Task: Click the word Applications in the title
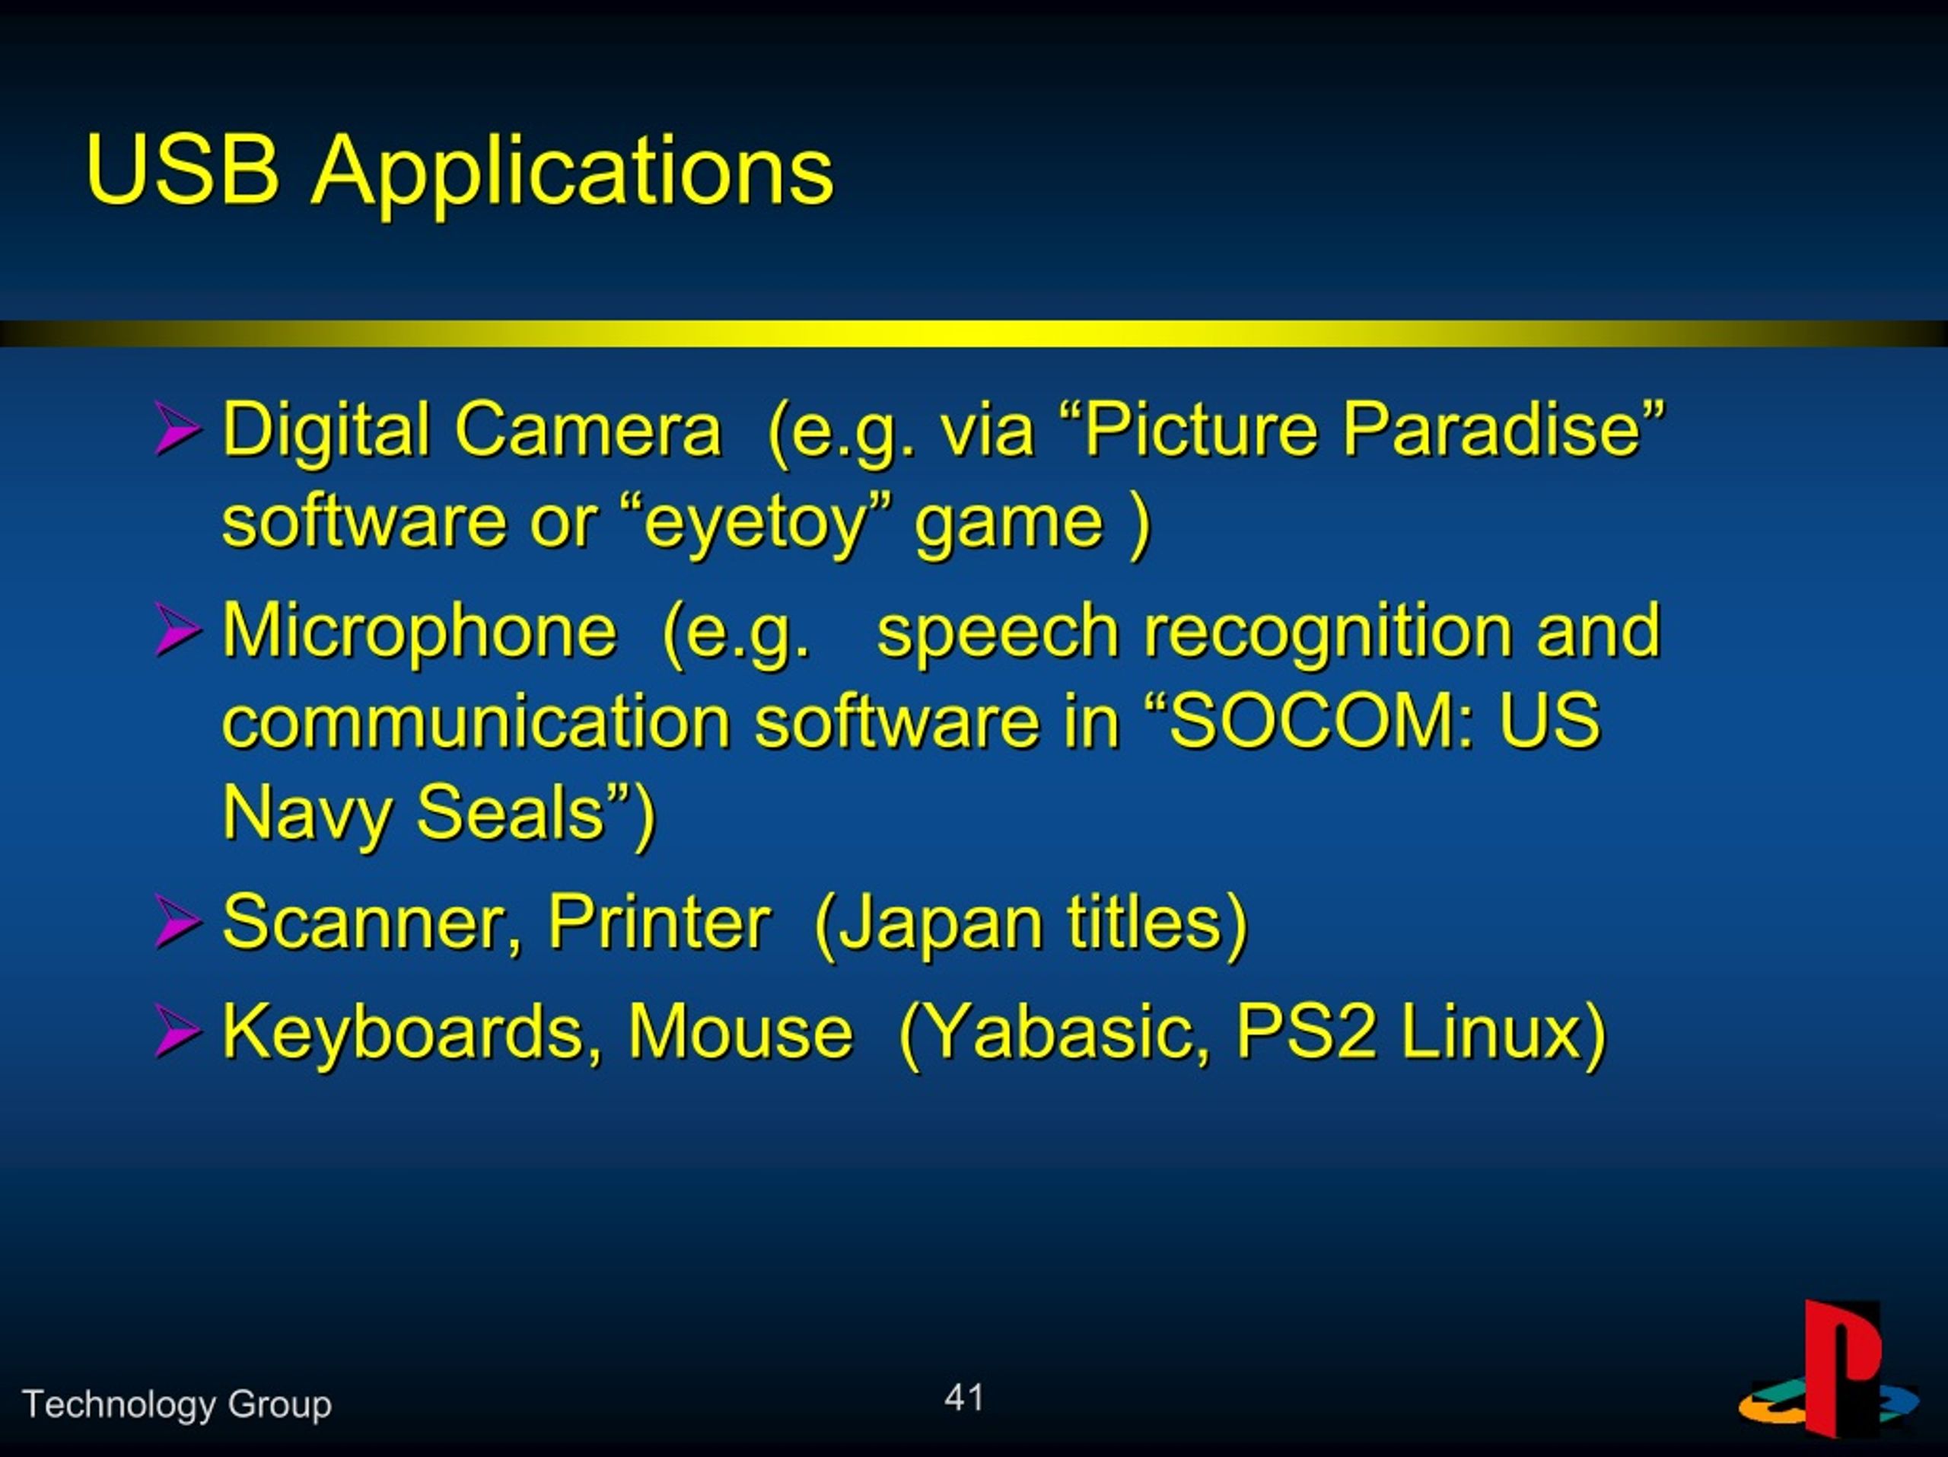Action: click(x=572, y=176)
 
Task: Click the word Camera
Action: click(x=587, y=430)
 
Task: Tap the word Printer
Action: click(x=660, y=923)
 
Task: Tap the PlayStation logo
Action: click(x=1829, y=1369)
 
